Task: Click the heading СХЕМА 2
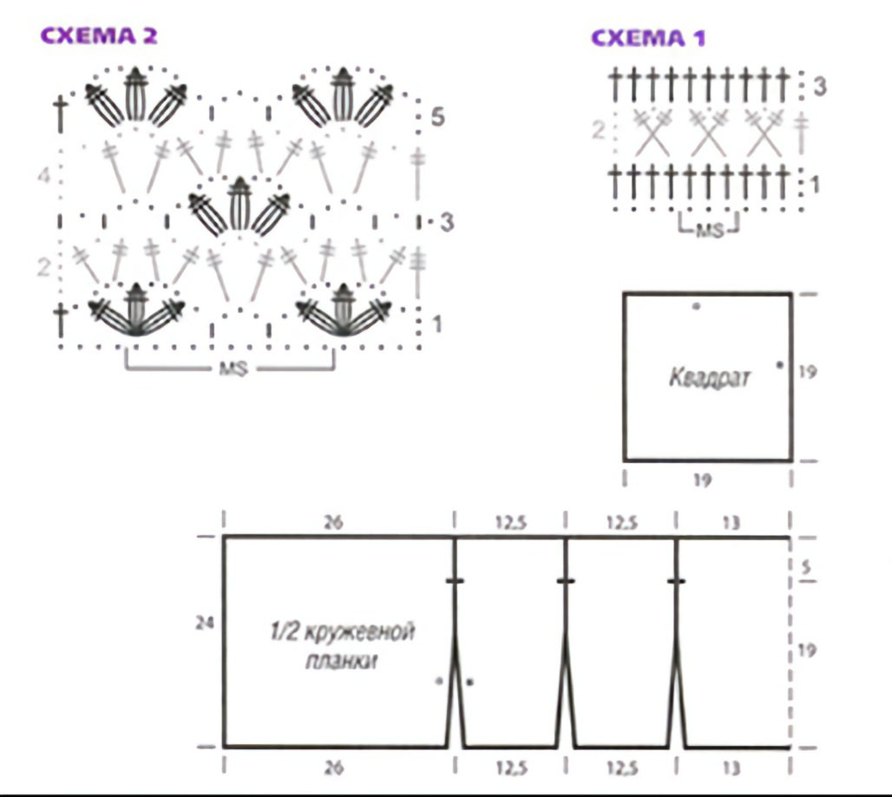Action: pyautogui.click(x=98, y=36)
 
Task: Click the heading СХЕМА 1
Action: pyautogui.click(x=648, y=38)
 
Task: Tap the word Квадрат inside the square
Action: pyautogui.click(x=710, y=378)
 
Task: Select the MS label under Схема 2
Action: pyautogui.click(x=233, y=369)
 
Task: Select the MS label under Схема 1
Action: pyautogui.click(x=710, y=230)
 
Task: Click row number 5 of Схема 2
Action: pyautogui.click(x=437, y=117)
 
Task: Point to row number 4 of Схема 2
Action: pyautogui.click(x=43, y=175)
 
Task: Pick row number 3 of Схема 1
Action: pyautogui.click(x=819, y=87)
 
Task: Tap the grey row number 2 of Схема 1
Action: pyautogui.click(x=598, y=130)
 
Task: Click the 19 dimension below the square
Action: pyautogui.click(x=702, y=480)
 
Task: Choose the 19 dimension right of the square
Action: pyautogui.click(x=807, y=372)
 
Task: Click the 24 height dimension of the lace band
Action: pyautogui.click(x=205, y=624)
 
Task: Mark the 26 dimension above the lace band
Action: pyautogui.click(x=333, y=522)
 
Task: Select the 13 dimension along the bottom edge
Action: pyautogui.click(x=731, y=768)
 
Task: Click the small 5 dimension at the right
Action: pyautogui.click(x=805, y=567)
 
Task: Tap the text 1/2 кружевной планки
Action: pyautogui.click(x=342, y=647)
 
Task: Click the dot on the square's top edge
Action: pyautogui.click(x=696, y=306)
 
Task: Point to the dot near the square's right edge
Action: pyautogui.click(x=780, y=365)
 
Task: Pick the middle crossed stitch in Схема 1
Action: pyautogui.click(x=708, y=133)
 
